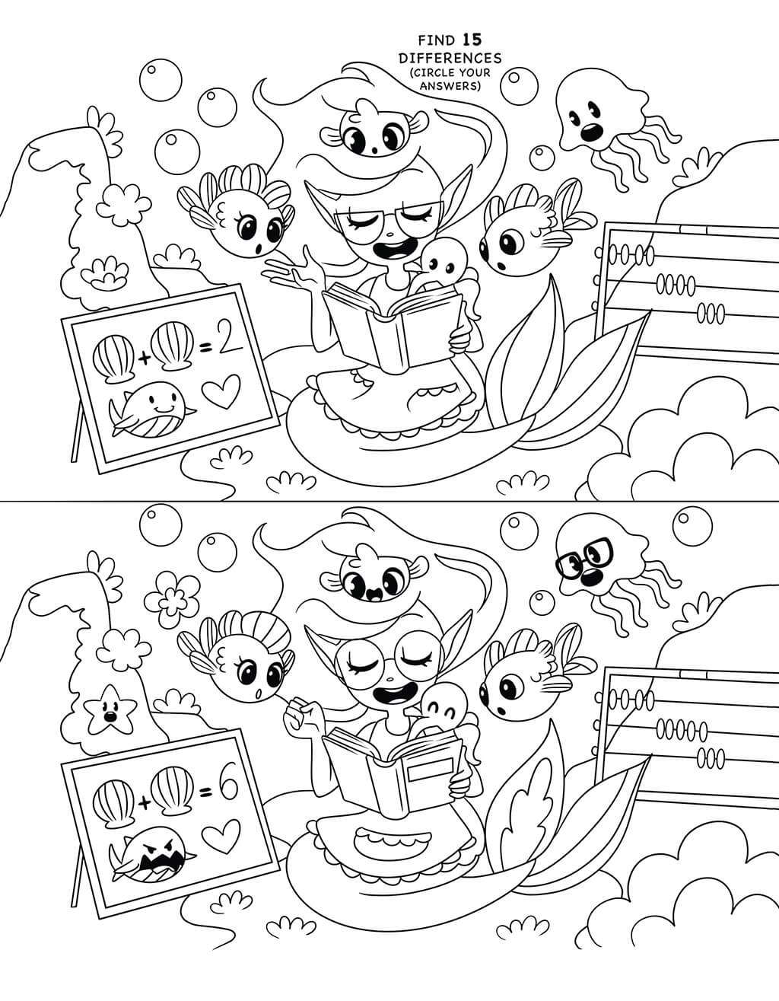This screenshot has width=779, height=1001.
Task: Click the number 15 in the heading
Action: pyautogui.click(x=472, y=40)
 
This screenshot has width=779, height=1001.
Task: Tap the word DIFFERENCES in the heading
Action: pyautogui.click(x=450, y=59)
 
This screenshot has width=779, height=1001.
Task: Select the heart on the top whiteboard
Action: pyautogui.click(x=221, y=391)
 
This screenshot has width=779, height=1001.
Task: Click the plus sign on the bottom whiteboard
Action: pyautogui.click(x=145, y=792)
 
